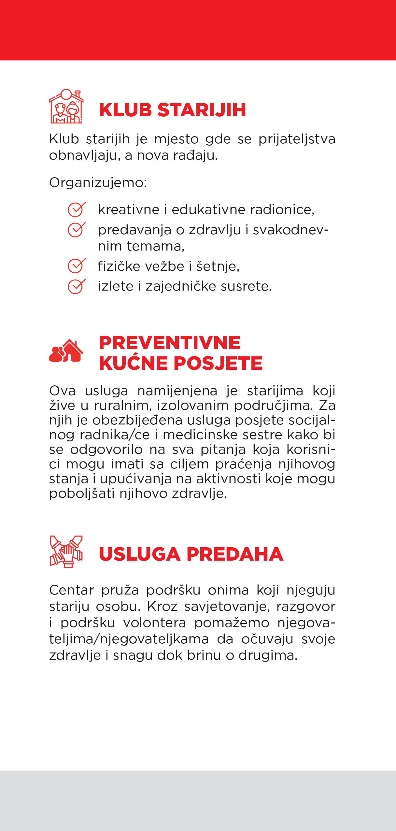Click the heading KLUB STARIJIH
click(x=172, y=110)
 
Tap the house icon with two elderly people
click(x=66, y=106)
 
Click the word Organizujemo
click(x=98, y=182)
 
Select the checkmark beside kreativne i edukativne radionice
click(x=77, y=209)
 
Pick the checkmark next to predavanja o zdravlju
click(x=77, y=230)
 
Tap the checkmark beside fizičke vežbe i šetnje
click(x=77, y=266)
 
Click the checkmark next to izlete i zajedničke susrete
click(x=77, y=286)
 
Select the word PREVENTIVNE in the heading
click(x=170, y=343)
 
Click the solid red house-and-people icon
click(x=66, y=351)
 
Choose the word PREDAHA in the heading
click(x=235, y=554)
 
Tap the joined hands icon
click(x=66, y=552)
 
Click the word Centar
click(x=71, y=590)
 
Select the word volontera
click(x=155, y=623)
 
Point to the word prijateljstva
click(x=297, y=139)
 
